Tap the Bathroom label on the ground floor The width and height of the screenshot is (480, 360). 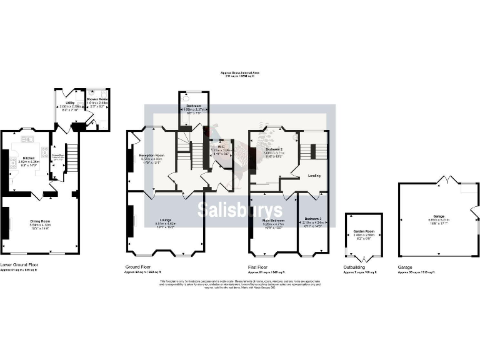click(x=193, y=106)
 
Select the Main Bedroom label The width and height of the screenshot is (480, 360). click(x=273, y=220)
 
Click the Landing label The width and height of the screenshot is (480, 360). click(x=314, y=176)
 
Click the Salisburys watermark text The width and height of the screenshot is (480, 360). click(x=240, y=210)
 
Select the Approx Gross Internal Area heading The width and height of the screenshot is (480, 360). click(x=239, y=72)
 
